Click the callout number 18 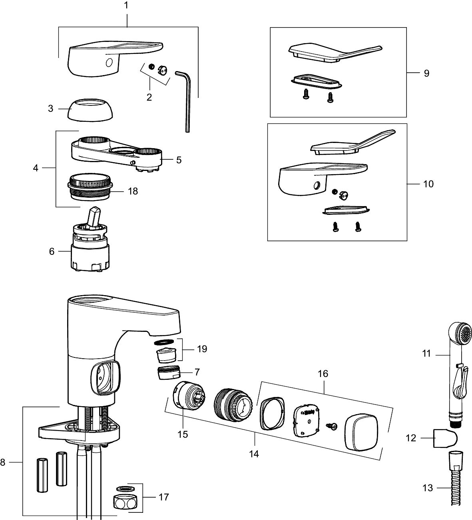(133, 191)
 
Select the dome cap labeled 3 (90, 110)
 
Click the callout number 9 (426, 73)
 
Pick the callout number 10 (428, 184)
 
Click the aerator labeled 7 (168, 374)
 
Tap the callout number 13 (428, 488)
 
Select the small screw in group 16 (331, 427)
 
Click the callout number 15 (183, 434)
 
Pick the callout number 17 (163, 497)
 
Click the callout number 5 (179, 160)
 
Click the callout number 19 (202, 349)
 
